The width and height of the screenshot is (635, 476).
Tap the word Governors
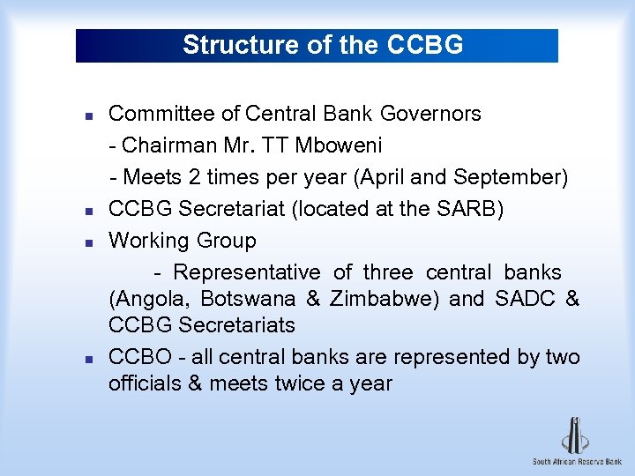(x=431, y=114)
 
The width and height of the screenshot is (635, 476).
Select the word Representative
(x=247, y=272)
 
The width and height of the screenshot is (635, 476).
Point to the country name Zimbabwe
(x=384, y=299)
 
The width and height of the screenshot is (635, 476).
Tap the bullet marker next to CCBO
(x=89, y=359)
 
